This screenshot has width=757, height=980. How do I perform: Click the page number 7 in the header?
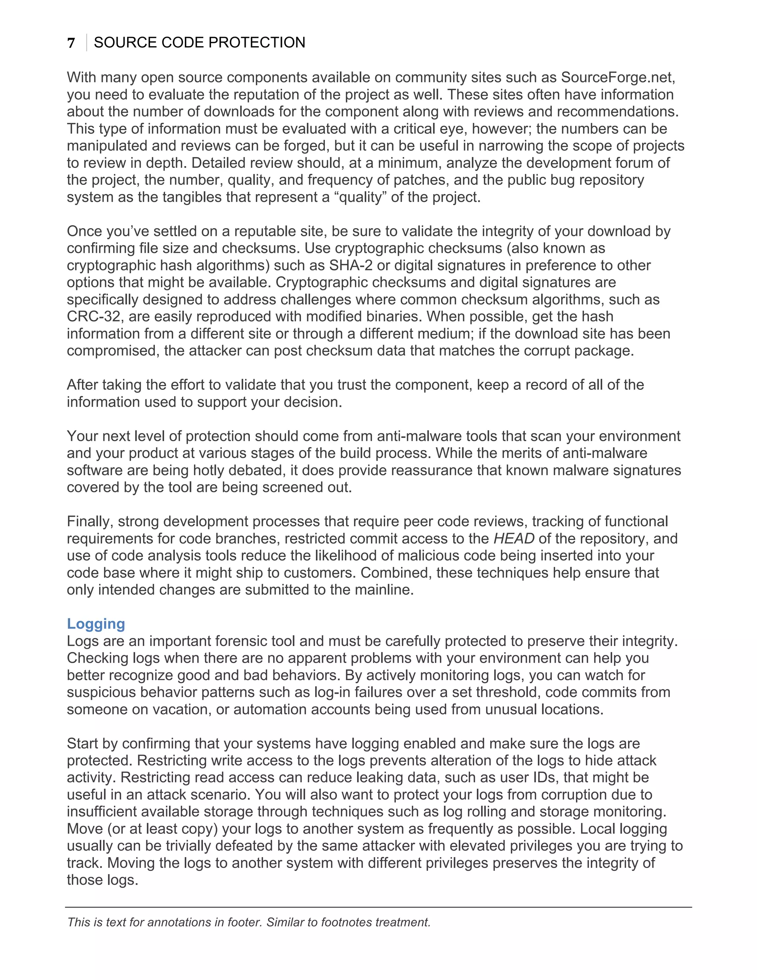[71, 43]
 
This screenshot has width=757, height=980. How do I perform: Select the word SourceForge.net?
[618, 77]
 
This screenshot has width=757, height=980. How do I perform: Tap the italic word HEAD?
[513, 538]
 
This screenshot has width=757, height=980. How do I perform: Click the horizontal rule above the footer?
[378, 907]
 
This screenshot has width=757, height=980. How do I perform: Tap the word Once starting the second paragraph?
[85, 231]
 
